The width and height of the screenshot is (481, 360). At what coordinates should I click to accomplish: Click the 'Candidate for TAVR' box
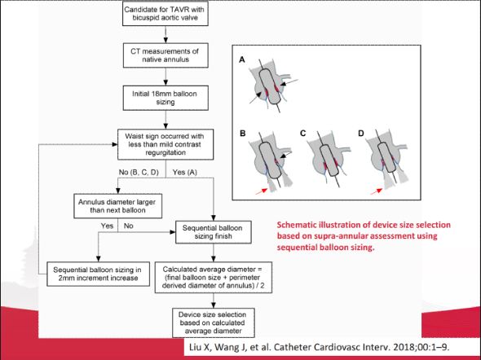165,14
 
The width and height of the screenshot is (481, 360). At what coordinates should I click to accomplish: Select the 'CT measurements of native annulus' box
165,55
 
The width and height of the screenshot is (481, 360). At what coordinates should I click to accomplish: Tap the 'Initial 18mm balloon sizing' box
165,98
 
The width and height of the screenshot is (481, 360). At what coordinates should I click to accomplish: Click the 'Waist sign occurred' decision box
165,144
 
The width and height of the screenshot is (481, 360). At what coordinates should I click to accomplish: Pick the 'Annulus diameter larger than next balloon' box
117,206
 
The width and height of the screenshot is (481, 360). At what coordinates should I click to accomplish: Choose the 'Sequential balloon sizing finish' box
214,232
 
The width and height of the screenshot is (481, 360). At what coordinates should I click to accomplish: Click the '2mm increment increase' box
98,274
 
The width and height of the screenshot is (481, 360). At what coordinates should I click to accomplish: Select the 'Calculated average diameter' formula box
214,277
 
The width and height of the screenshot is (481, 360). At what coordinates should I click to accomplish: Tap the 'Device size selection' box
214,323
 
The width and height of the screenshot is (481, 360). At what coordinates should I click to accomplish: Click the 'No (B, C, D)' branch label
139,173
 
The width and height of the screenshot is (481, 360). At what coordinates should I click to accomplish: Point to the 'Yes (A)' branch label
185,173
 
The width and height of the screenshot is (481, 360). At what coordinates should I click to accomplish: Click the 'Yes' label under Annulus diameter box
107,226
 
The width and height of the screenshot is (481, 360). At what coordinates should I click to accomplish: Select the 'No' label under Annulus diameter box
129,226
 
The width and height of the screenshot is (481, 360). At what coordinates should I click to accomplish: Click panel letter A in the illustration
242,59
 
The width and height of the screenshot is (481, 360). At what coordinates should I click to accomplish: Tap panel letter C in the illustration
303,134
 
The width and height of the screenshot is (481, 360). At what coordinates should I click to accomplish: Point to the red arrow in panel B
262,191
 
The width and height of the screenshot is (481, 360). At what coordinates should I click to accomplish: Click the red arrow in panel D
377,191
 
